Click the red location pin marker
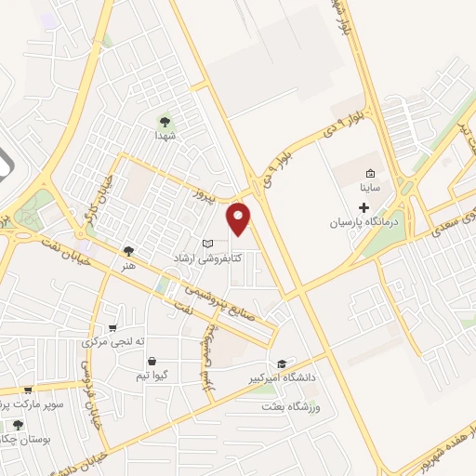[x=240, y=218]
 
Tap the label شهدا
[x=165, y=135]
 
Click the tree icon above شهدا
[x=165, y=121]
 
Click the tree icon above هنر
[x=127, y=250]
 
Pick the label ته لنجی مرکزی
[x=115, y=341]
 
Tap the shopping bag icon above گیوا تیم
[x=152, y=362]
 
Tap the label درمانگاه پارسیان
[x=364, y=223]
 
